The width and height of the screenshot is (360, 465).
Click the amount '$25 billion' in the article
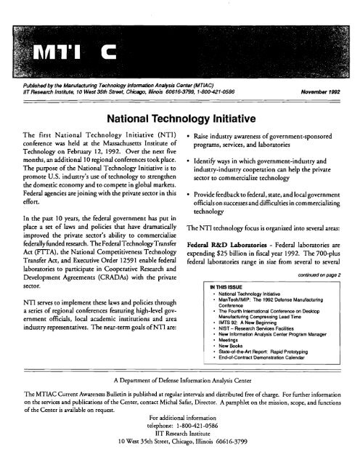[x=236, y=267]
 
